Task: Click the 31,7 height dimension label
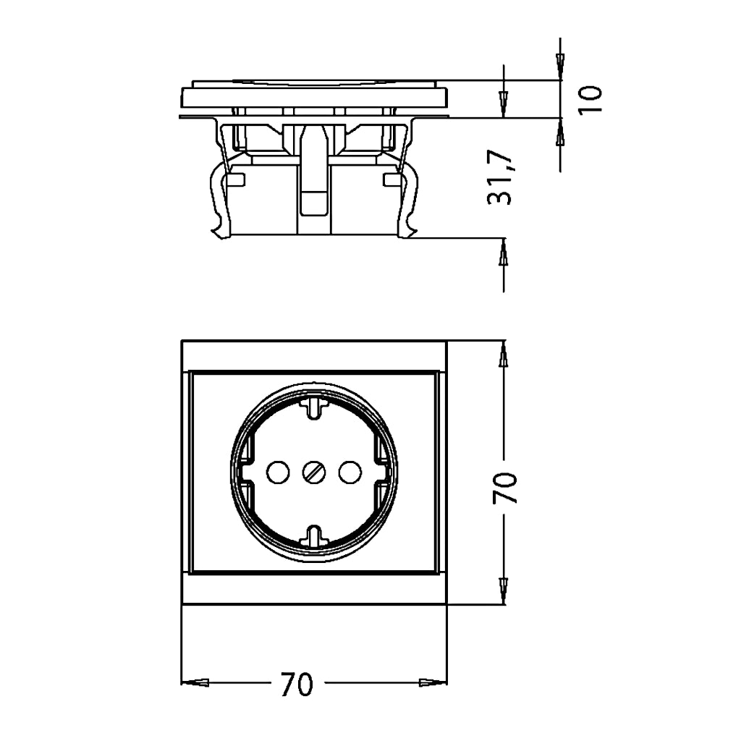coord(500,177)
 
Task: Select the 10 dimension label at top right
coord(590,99)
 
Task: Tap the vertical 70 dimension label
coord(505,488)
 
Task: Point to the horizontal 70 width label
coord(297,684)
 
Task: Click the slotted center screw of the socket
coord(314,473)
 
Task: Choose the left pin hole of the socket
coord(278,473)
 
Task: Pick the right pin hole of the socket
coord(350,473)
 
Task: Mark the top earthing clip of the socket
coord(314,407)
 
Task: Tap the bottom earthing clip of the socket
coord(314,537)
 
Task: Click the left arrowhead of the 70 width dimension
coord(195,682)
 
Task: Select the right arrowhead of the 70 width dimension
coord(433,682)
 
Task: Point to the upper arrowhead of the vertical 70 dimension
coord(504,353)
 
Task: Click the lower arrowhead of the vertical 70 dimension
coord(504,590)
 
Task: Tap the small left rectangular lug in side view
coord(236,179)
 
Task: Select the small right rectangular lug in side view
coord(391,179)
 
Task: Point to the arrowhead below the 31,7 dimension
coord(504,251)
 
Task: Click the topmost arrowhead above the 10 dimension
coord(561,65)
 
